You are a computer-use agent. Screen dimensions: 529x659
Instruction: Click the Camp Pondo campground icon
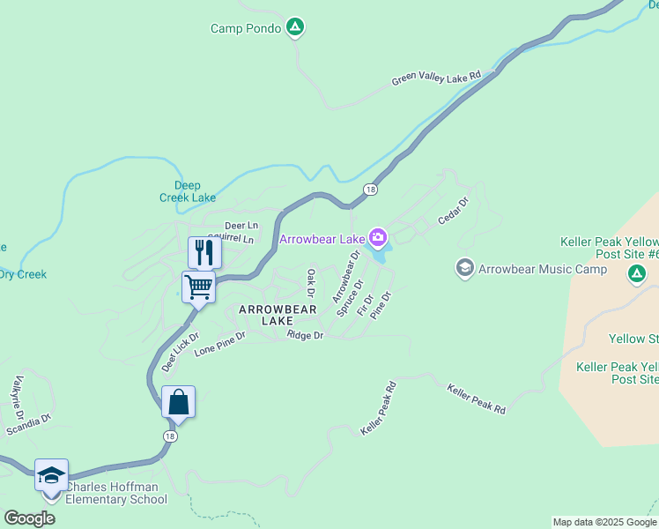point(296,28)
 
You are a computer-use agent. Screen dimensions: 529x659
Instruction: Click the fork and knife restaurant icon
point(204,252)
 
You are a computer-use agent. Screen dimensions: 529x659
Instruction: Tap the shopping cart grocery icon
point(199,287)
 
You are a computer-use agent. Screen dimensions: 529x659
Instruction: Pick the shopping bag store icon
point(178,402)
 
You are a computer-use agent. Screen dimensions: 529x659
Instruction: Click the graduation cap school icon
point(51,475)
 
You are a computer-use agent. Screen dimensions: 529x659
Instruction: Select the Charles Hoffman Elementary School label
point(116,493)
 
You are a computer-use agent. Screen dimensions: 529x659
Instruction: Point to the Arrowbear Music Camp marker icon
point(464,267)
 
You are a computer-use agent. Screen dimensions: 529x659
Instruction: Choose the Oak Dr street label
point(310,283)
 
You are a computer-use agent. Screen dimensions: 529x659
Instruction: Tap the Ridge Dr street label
point(306,336)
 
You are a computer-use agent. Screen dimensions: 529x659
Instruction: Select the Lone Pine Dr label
point(219,345)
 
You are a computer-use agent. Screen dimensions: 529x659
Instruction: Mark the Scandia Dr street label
point(29,425)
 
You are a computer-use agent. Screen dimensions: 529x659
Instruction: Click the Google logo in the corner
point(29,518)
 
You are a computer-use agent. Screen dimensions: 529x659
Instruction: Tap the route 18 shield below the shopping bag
point(170,436)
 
